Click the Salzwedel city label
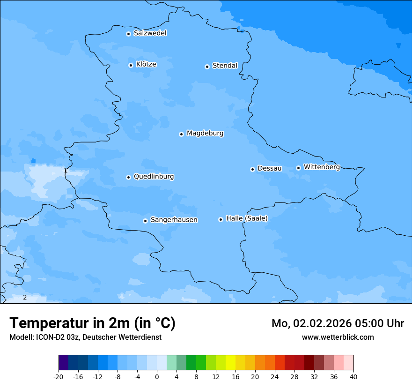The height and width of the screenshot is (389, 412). click(x=150, y=33)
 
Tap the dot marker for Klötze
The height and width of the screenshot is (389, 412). click(x=131, y=65)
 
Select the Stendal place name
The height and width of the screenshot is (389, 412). click(x=225, y=66)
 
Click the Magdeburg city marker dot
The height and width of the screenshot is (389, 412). click(x=181, y=134)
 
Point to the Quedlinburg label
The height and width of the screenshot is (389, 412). click(x=154, y=177)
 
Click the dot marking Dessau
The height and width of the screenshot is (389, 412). click(x=252, y=169)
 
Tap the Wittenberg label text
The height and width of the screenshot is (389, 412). click(x=322, y=167)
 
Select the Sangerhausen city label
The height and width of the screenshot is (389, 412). click(x=174, y=220)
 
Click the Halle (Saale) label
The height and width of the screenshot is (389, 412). click(x=247, y=218)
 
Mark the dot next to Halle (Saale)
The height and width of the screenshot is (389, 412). click(x=221, y=219)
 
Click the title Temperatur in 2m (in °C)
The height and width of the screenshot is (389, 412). click(x=92, y=323)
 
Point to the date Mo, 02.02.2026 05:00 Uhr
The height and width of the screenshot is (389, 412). click(x=338, y=323)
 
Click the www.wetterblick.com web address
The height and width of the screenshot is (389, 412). click(x=338, y=337)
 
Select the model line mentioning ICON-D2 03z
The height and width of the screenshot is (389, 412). click(x=85, y=337)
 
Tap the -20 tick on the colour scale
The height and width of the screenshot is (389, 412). click(x=59, y=376)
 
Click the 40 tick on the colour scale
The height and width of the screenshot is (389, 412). click(x=353, y=376)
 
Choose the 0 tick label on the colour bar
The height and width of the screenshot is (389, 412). click(x=157, y=376)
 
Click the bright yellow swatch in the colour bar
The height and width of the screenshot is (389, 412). click(x=230, y=363)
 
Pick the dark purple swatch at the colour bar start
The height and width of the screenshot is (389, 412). click(x=63, y=363)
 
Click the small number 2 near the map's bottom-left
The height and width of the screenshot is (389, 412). click(x=25, y=298)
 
